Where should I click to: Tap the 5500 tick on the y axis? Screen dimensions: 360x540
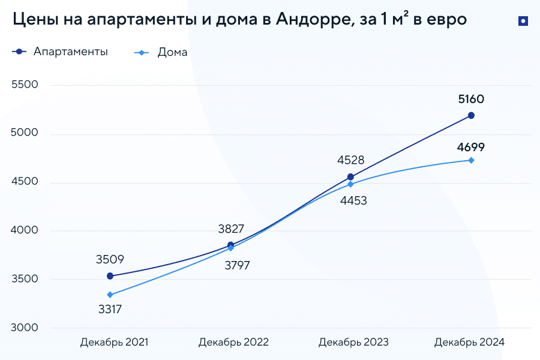[25, 85]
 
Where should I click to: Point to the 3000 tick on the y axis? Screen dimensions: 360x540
[25, 328]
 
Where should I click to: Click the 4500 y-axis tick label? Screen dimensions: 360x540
[25, 182]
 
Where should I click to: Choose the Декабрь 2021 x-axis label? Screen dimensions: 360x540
[114, 342]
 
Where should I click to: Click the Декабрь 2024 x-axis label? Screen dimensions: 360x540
[470, 342]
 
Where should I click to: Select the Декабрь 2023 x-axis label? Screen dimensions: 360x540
[353, 342]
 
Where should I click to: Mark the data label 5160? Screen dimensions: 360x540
[470, 99]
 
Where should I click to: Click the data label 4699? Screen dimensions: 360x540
[470, 146]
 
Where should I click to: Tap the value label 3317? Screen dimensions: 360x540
[110, 310]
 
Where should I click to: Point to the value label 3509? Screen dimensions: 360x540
[110, 260]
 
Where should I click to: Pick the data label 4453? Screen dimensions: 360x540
[353, 201]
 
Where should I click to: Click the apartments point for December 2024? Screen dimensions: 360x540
[471, 115]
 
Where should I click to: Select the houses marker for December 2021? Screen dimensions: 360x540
[110, 295]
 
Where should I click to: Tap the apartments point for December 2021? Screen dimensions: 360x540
[110, 276]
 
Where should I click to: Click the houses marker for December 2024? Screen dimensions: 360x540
[471, 160]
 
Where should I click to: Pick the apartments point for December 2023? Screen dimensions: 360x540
[350, 177]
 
